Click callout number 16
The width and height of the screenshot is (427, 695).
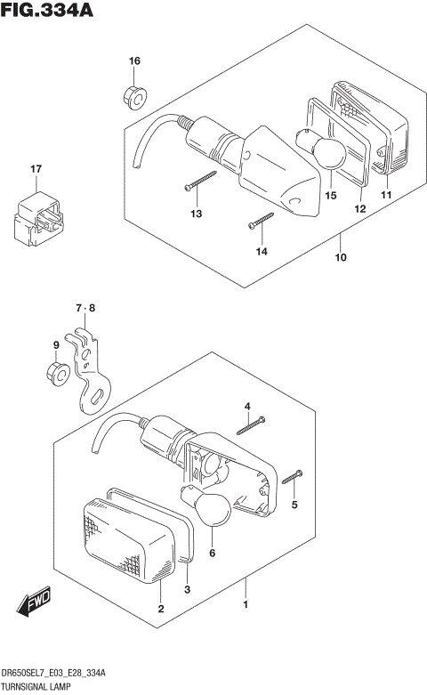click(x=134, y=61)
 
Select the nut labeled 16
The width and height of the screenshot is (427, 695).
click(x=131, y=95)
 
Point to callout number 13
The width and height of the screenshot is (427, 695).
click(x=196, y=214)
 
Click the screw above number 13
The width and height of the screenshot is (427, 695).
click(x=201, y=180)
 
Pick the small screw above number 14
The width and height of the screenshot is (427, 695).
click(x=260, y=218)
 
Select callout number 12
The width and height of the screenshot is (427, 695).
click(x=360, y=209)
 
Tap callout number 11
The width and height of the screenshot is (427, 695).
click(x=386, y=195)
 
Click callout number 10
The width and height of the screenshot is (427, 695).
click(x=339, y=258)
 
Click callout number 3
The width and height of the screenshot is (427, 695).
click(x=187, y=589)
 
